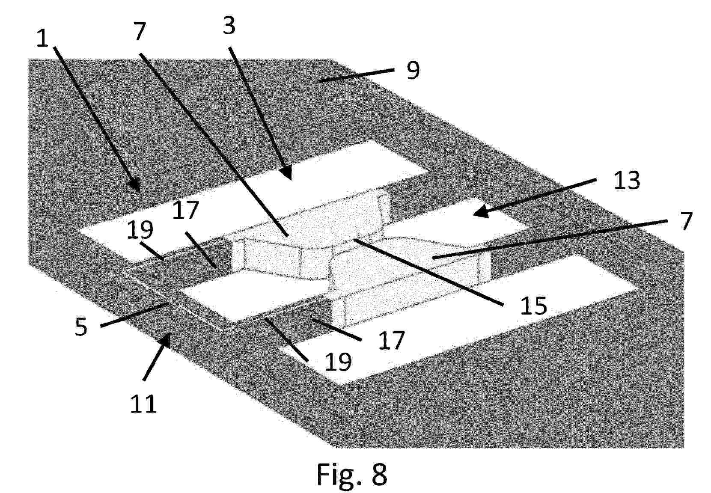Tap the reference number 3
pyautogui.click(x=229, y=26)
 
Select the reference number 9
pyautogui.click(x=413, y=70)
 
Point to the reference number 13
pyautogui.click(x=627, y=180)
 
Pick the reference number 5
pyautogui.click(x=81, y=327)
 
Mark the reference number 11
pyautogui.click(x=143, y=403)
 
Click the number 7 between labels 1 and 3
pyautogui.click(x=140, y=31)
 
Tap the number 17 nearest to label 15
pyautogui.click(x=392, y=340)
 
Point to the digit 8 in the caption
pyautogui.click(x=380, y=474)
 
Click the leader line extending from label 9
pyautogui.click(x=356, y=75)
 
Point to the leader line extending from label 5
pyautogui.click(x=134, y=315)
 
